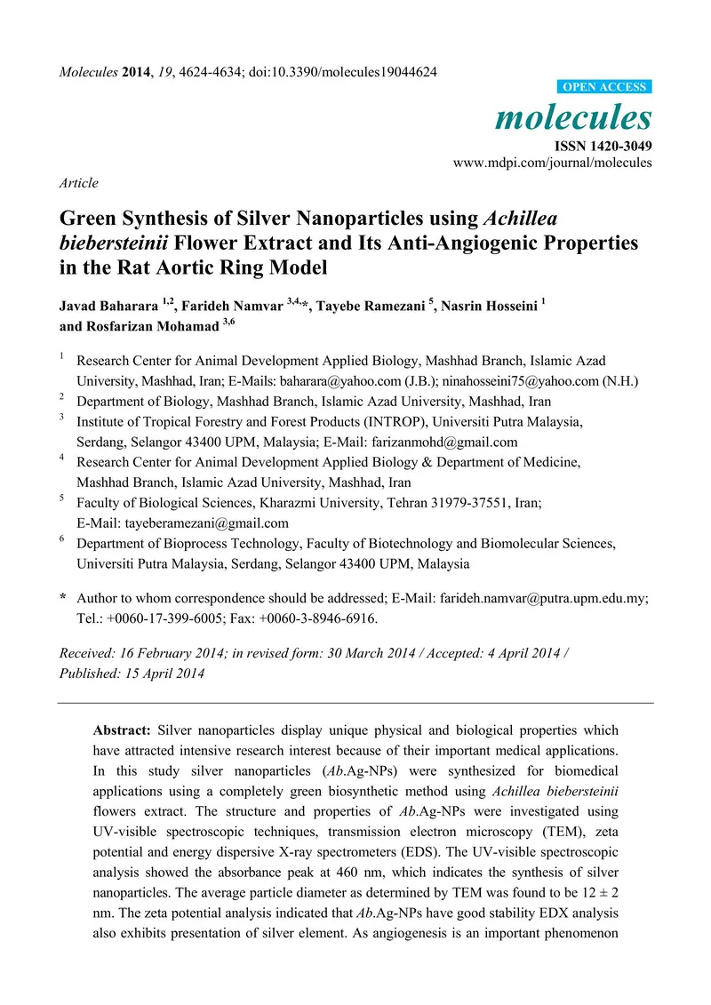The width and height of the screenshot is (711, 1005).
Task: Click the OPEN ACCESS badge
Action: (603, 87)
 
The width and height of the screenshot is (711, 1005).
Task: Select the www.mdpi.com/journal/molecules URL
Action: (553, 163)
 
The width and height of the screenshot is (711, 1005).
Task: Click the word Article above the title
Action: (78, 183)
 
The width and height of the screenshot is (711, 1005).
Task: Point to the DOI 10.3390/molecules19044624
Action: (355, 72)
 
